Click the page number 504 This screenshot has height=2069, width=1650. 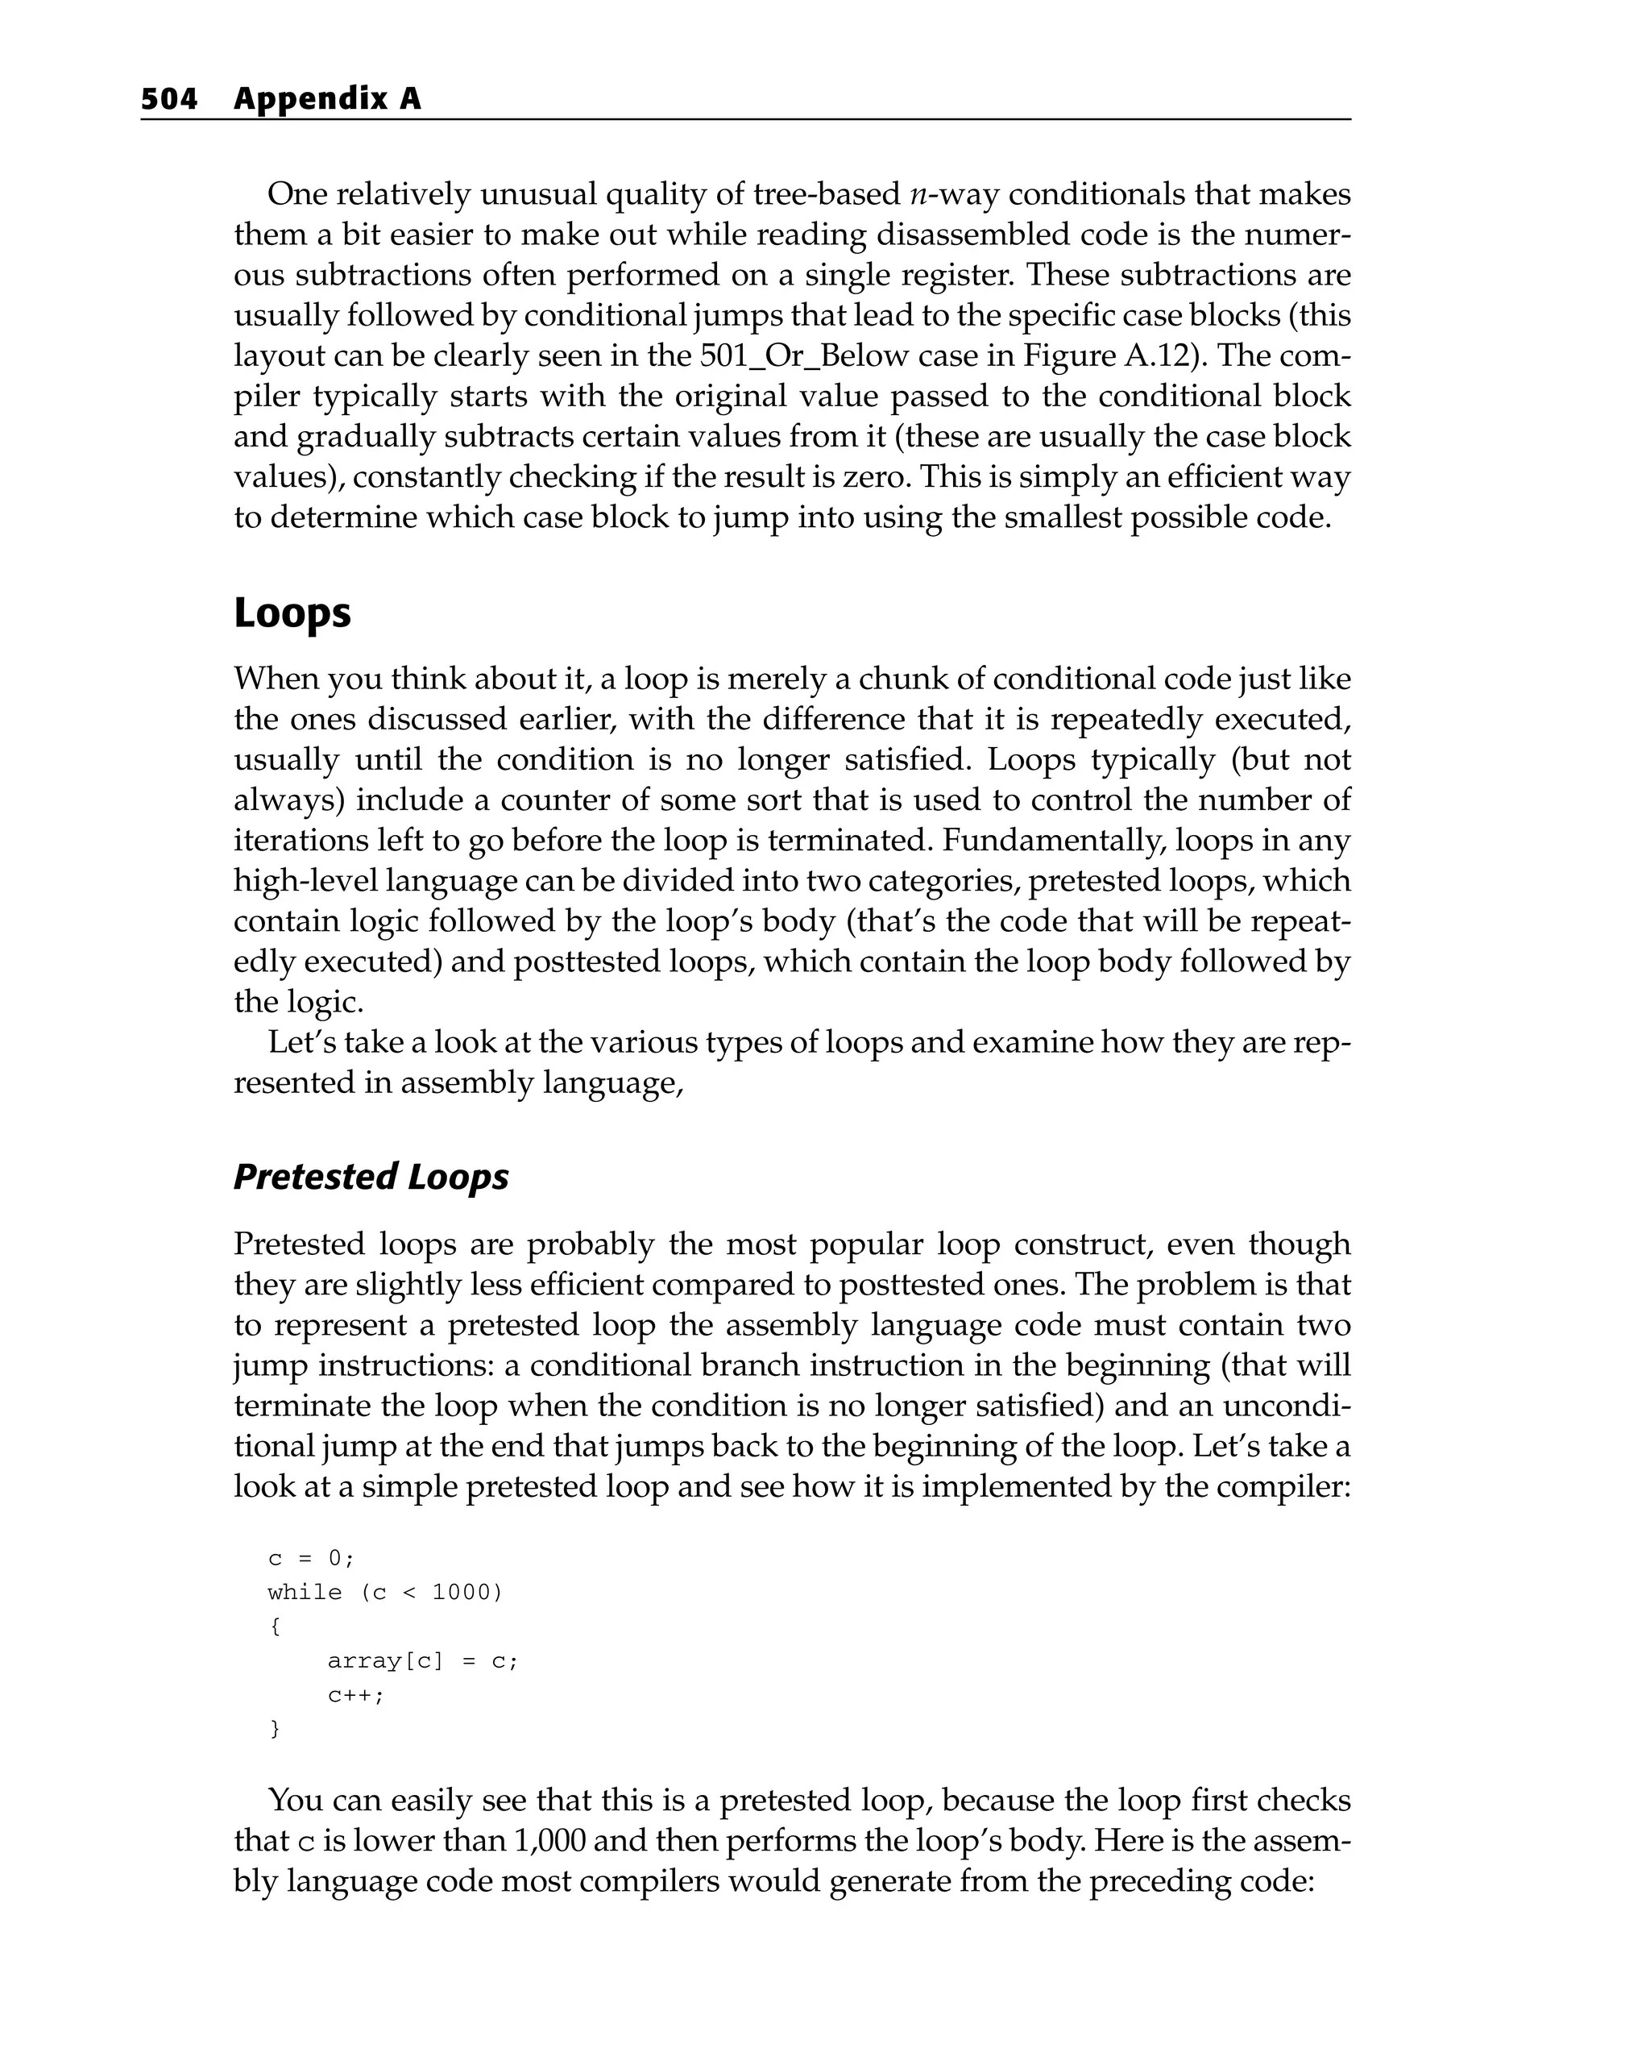169,99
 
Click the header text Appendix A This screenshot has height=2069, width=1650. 327,99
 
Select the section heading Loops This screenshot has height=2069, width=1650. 292,613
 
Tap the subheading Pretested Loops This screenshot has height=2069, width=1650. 371,1177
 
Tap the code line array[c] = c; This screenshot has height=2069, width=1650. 422,1661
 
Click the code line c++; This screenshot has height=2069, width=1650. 355,1696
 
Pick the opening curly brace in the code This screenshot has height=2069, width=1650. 276,1627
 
